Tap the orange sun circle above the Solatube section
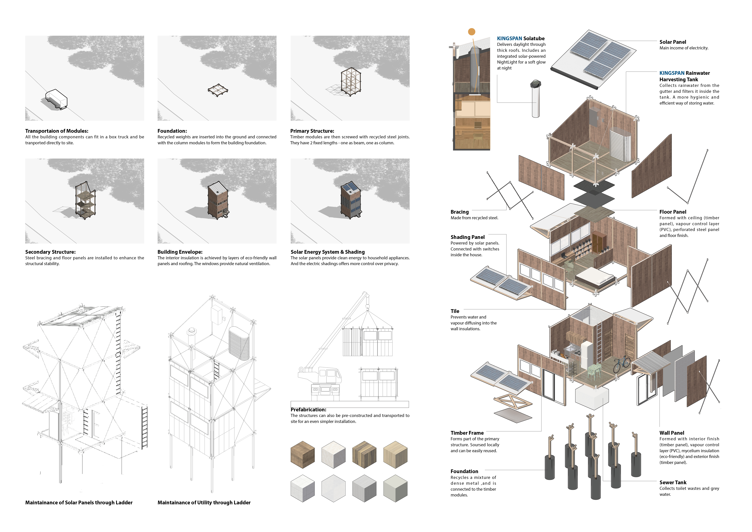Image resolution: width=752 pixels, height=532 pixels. coord(472,32)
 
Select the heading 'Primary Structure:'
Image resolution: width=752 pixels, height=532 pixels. coord(312,131)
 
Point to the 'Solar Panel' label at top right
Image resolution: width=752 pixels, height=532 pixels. coord(673,42)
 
